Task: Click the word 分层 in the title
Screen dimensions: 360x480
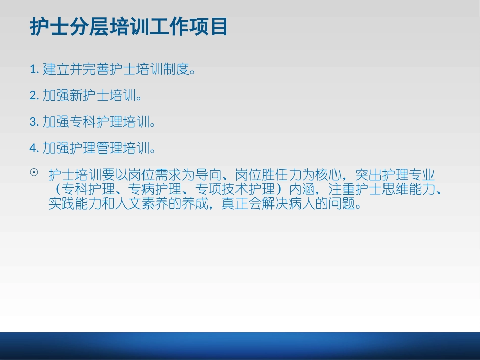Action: pyautogui.click(x=89, y=27)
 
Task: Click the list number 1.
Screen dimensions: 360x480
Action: pyautogui.click(x=34, y=69)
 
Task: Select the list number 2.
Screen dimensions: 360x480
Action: pyautogui.click(x=34, y=95)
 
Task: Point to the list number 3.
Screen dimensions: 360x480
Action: pyautogui.click(x=34, y=122)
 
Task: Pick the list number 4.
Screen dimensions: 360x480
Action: pyautogui.click(x=34, y=148)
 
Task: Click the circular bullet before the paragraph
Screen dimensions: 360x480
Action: pyautogui.click(x=34, y=173)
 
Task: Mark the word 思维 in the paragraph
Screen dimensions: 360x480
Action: pyautogui.click(x=383, y=190)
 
